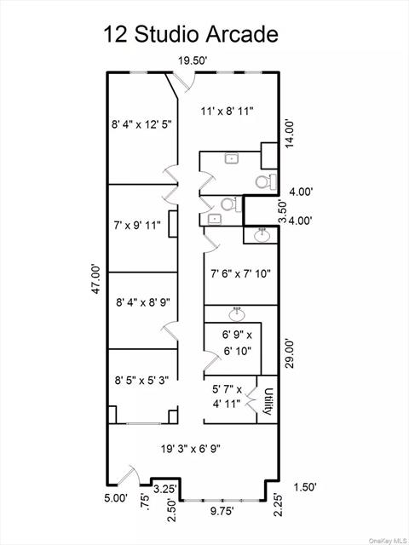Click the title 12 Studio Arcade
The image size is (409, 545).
[191, 35]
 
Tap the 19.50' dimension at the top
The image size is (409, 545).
[193, 61]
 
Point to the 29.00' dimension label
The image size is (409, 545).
[290, 353]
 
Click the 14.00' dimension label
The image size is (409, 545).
[290, 134]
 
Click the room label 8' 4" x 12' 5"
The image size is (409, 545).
[141, 124]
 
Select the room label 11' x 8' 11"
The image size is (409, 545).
[228, 112]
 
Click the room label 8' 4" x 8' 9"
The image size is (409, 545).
[143, 301]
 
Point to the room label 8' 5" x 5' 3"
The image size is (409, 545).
[141, 380]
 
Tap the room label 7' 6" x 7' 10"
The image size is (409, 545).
[240, 274]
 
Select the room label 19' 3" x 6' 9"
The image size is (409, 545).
[191, 449]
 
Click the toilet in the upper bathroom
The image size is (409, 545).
[266, 181]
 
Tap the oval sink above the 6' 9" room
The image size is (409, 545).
[237, 314]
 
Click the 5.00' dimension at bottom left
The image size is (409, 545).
[117, 498]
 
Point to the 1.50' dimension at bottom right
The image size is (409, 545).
[305, 487]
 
